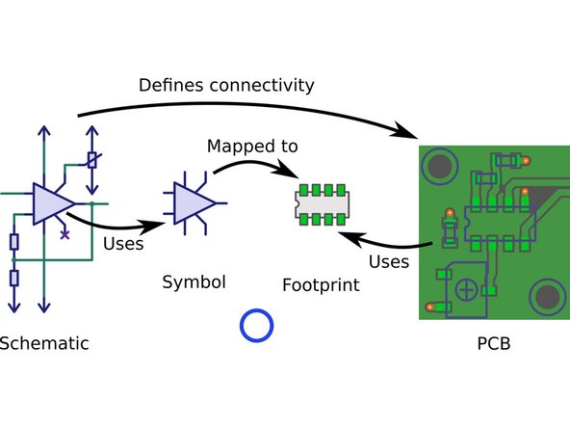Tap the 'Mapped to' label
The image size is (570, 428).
252,147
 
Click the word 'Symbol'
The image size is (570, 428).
193,282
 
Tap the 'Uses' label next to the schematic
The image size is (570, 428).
122,244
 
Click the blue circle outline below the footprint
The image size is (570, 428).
256,325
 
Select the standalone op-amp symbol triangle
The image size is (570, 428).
194,202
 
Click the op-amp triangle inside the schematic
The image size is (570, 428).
50,203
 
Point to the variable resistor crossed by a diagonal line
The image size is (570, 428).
91,161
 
